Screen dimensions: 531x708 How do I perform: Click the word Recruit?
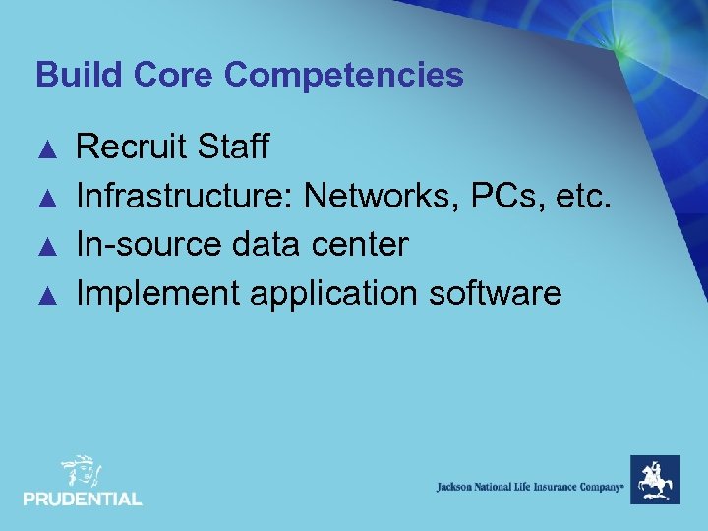133,147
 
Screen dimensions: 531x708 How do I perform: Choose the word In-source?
148,245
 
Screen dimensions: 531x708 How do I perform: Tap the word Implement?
156,294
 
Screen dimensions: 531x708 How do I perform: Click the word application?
330,294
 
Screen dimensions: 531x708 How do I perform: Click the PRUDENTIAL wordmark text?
83,500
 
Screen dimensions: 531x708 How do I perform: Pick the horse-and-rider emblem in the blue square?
655,480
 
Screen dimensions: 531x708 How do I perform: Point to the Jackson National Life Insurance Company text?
530,487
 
